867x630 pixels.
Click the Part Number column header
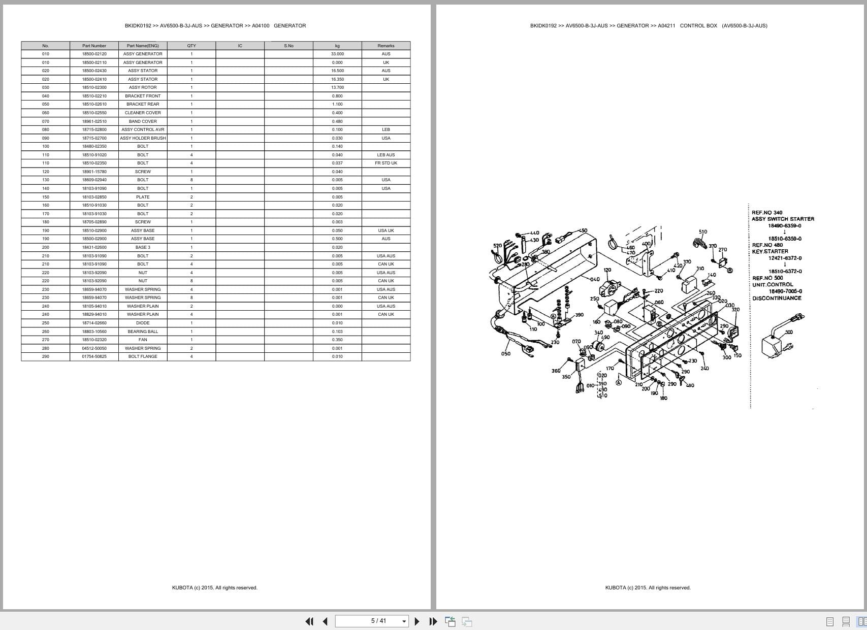click(x=94, y=46)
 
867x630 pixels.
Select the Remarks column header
click(x=386, y=46)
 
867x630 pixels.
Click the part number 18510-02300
click(x=94, y=87)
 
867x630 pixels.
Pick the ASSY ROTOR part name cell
click(x=143, y=87)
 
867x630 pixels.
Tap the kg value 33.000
click(x=337, y=54)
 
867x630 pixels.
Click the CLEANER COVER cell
click(x=143, y=113)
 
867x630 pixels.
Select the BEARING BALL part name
click(x=143, y=331)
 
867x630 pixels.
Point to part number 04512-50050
click(x=94, y=348)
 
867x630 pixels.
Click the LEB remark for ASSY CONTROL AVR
click(x=386, y=129)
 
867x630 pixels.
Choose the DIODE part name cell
click(x=143, y=323)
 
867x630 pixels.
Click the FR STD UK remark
click(x=386, y=163)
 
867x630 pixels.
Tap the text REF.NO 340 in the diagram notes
click(x=767, y=213)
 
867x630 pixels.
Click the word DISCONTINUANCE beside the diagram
click(x=777, y=298)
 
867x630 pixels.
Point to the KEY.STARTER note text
click(x=770, y=251)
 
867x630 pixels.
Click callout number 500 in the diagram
click(x=788, y=332)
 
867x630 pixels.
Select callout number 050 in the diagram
click(x=505, y=354)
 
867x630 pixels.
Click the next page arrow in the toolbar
click(x=417, y=621)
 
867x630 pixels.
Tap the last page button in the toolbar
click(x=433, y=621)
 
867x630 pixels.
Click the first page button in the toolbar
click(x=309, y=621)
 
